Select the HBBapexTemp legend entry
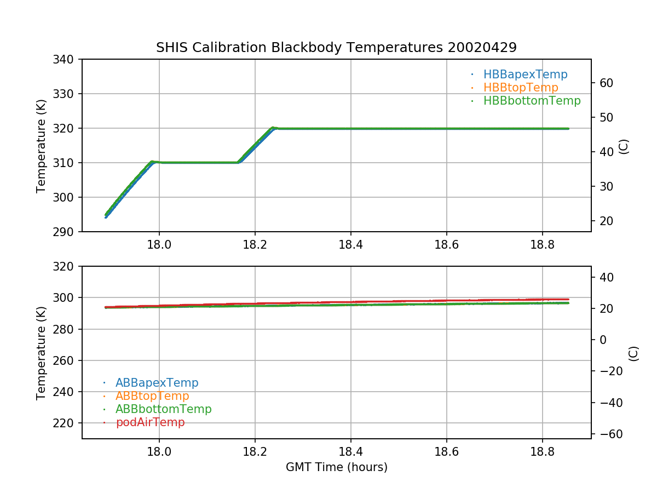[x=525, y=74]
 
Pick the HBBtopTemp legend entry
[x=521, y=88]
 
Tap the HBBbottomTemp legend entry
[x=532, y=101]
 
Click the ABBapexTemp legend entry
[x=157, y=383]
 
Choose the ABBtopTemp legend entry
[x=152, y=396]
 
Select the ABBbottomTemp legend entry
[x=163, y=409]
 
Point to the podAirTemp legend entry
[x=150, y=422]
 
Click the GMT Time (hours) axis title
[x=336, y=467]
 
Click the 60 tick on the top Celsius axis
[x=606, y=83]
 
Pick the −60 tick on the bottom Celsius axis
[x=608, y=434]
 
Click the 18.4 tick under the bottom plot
[x=350, y=451]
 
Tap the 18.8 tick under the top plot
[x=542, y=244]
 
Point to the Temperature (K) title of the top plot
[x=41, y=146]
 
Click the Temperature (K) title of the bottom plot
[x=41, y=353]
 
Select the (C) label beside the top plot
[x=624, y=146]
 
